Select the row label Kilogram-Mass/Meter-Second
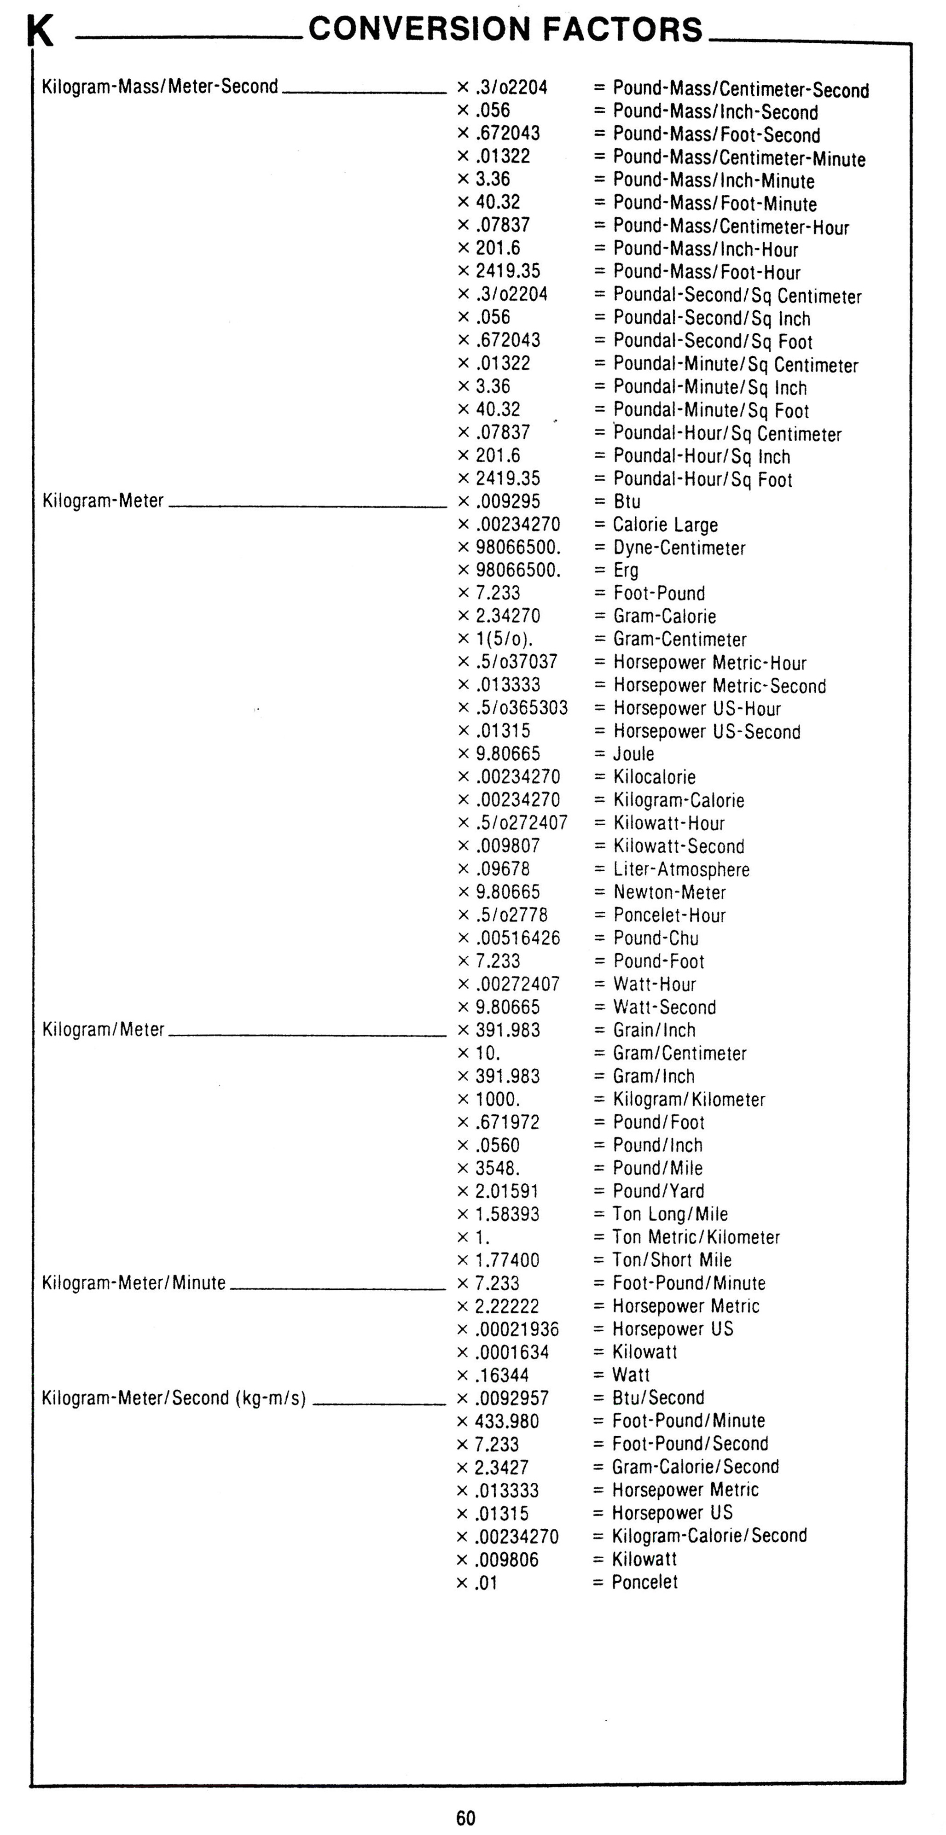[160, 87]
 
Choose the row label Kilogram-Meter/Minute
[134, 1283]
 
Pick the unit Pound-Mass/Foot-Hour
[707, 272]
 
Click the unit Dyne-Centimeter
[679, 548]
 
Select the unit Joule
[633, 754]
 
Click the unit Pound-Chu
[656, 938]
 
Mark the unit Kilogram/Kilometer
[689, 1099]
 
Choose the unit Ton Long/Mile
[670, 1214]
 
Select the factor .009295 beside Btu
[507, 501]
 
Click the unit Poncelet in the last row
[644, 1582]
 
